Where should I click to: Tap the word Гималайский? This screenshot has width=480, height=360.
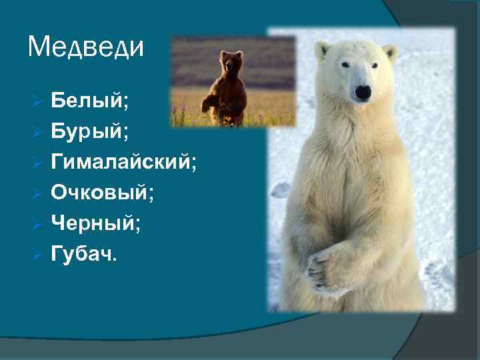[x=124, y=162]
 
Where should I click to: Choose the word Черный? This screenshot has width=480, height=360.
[x=96, y=223]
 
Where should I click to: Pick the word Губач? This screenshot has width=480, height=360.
[x=83, y=254]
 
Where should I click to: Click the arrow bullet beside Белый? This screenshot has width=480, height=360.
[x=37, y=101]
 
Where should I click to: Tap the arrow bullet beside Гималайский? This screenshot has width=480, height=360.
[x=37, y=163]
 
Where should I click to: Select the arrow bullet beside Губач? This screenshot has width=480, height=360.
[x=37, y=255]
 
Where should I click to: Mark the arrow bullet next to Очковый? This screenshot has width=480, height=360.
[x=37, y=193]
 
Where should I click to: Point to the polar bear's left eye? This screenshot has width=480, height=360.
[x=345, y=65]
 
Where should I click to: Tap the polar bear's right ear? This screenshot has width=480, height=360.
[x=390, y=52]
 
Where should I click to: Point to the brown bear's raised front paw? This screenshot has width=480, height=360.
[x=209, y=103]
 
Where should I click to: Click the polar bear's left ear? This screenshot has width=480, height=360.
[x=323, y=49]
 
